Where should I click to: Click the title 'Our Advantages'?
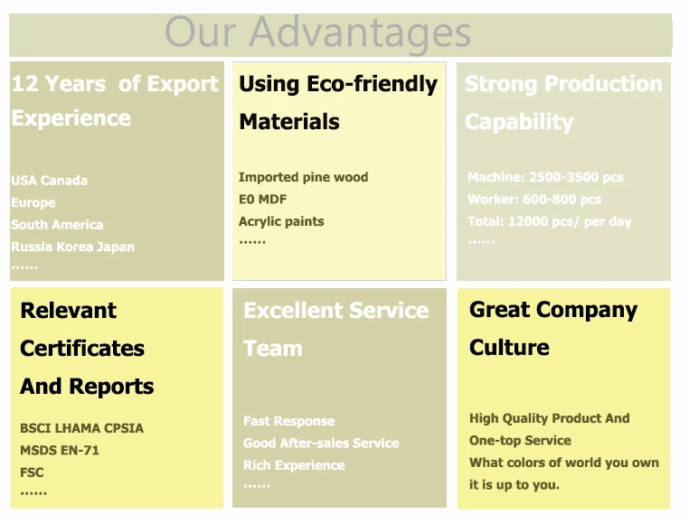(317, 33)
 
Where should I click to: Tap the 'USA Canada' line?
(49, 181)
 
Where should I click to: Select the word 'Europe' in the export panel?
(33, 203)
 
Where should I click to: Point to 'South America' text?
(57, 225)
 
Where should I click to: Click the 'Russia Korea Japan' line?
(72, 247)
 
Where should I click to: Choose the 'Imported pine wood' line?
(303, 177)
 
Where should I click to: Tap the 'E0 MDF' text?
(262, 200)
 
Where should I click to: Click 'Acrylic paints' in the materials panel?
(281, 221)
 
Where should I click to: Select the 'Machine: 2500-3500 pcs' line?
(545, 177)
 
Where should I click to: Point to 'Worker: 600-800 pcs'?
(533, 200)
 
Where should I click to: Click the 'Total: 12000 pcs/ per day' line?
(549, 221)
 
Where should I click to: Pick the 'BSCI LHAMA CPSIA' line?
(81, 428)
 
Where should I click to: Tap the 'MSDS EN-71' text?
(60, 450)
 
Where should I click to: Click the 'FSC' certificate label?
(32, 472)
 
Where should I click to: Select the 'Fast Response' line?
(288, 421)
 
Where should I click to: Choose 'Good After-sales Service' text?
(321, 444)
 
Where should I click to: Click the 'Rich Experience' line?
(294, 465)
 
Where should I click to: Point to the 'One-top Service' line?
(520, 441)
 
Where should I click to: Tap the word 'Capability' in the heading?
(519, 122)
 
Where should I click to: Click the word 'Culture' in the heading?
(509, 348)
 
